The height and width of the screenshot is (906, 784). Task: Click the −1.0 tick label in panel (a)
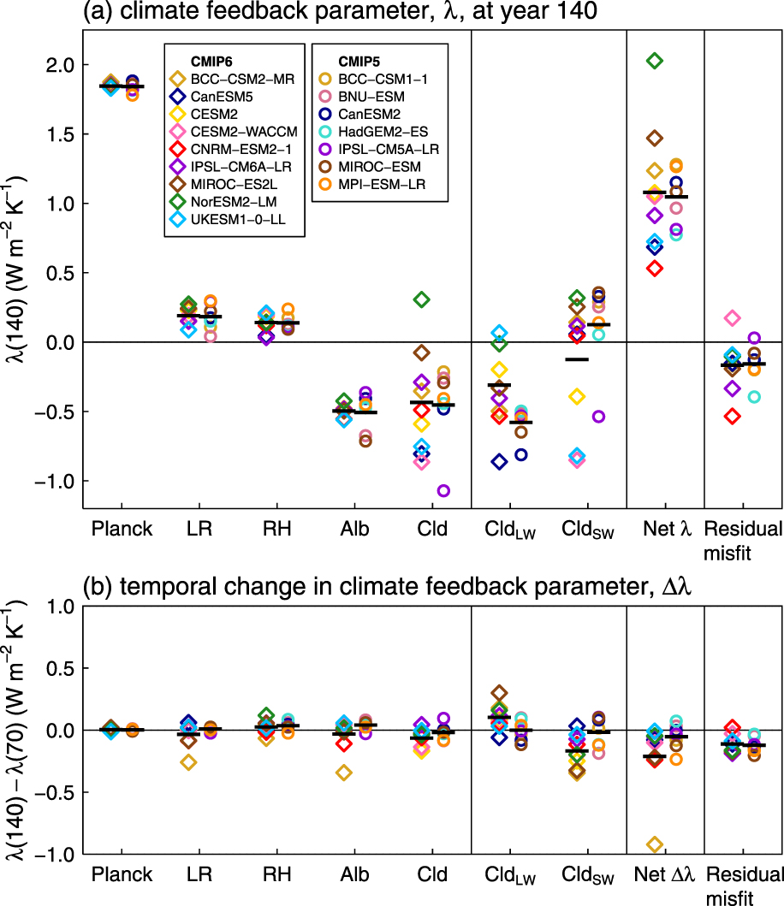click(54, 481)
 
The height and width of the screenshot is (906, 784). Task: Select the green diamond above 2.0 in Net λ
click(655, 61)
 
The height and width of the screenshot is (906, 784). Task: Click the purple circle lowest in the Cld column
click(443, 491)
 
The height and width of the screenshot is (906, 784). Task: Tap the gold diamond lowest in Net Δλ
click(655, 844)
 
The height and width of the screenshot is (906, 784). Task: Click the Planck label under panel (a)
click(122, 530)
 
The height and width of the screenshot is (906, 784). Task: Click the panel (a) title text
click(276, 12)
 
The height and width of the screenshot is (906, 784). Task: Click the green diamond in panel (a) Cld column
click(422, 299)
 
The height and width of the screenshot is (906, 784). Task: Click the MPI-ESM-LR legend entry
click(380, 184)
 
